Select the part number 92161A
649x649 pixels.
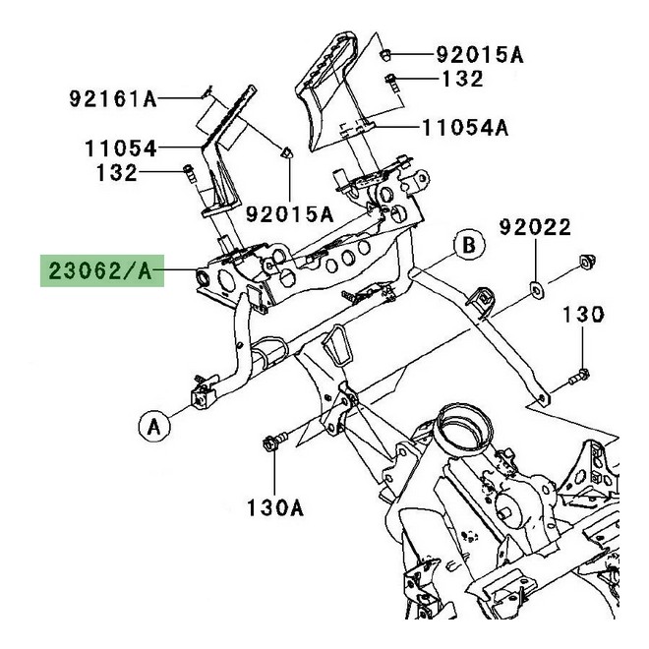[113, 97]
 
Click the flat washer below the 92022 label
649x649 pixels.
[538, 290]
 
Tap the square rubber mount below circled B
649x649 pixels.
[481, 301]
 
